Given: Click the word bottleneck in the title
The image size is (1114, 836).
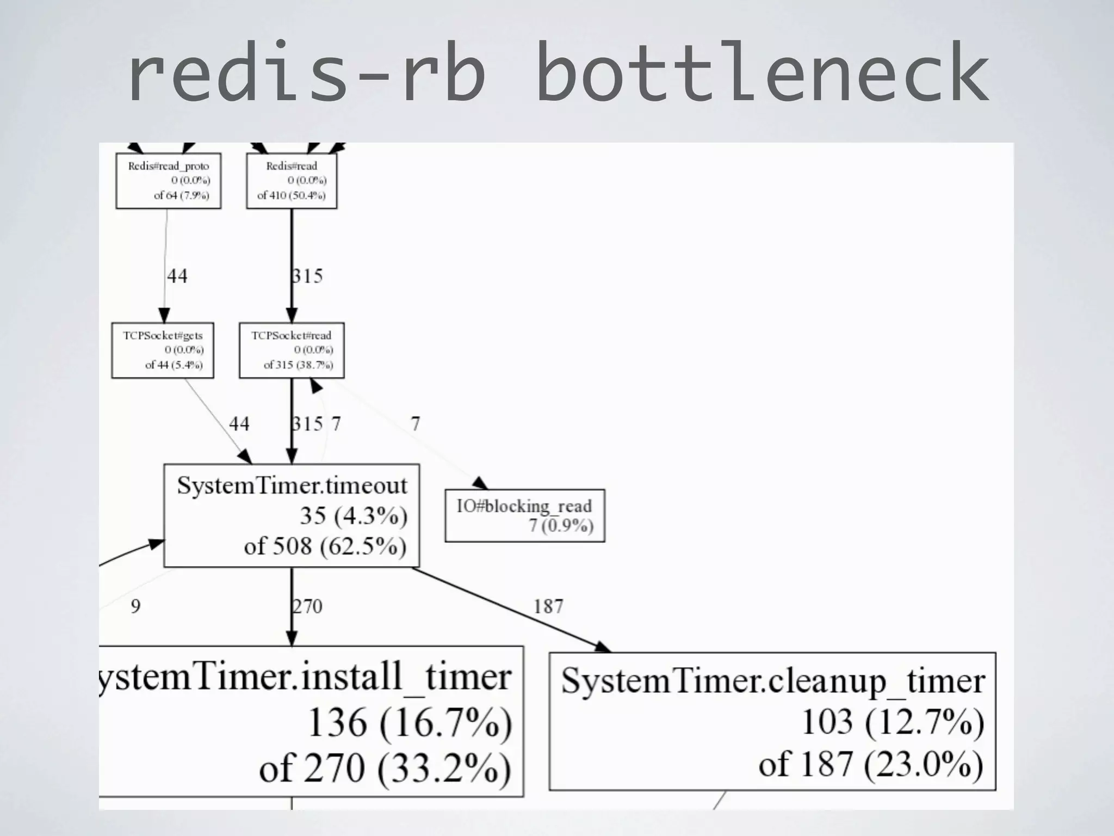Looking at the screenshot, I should coord(762,73).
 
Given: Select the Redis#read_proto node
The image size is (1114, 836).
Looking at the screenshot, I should coord(168,181).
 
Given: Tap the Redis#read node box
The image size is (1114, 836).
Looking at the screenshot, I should coord(292,181).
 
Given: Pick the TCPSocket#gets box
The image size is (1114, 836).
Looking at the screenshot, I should coord(163,350).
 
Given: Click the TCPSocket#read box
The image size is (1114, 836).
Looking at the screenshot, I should coord(292,350).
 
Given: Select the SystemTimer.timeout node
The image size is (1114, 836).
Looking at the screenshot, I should coord(292,515).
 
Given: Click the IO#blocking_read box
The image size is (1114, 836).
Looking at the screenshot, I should coord(524,515).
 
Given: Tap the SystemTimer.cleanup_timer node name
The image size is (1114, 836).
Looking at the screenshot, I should coord(772,680).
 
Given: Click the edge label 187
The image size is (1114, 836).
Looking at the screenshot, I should coord(548,606).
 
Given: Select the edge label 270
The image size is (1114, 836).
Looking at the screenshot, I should coord(308,606).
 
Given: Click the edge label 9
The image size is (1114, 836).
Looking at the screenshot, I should coord(135,606).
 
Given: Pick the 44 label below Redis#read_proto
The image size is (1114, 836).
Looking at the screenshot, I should coord(177,276).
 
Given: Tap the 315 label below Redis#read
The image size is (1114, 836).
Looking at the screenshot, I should coord(308,276).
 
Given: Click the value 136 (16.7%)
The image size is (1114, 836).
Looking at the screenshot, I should coord(410,723).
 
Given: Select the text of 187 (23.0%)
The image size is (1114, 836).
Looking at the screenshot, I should coord(870,764).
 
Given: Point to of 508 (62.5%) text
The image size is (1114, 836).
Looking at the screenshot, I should coord(325,546).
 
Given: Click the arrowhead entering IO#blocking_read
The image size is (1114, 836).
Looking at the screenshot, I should coord(480,483).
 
